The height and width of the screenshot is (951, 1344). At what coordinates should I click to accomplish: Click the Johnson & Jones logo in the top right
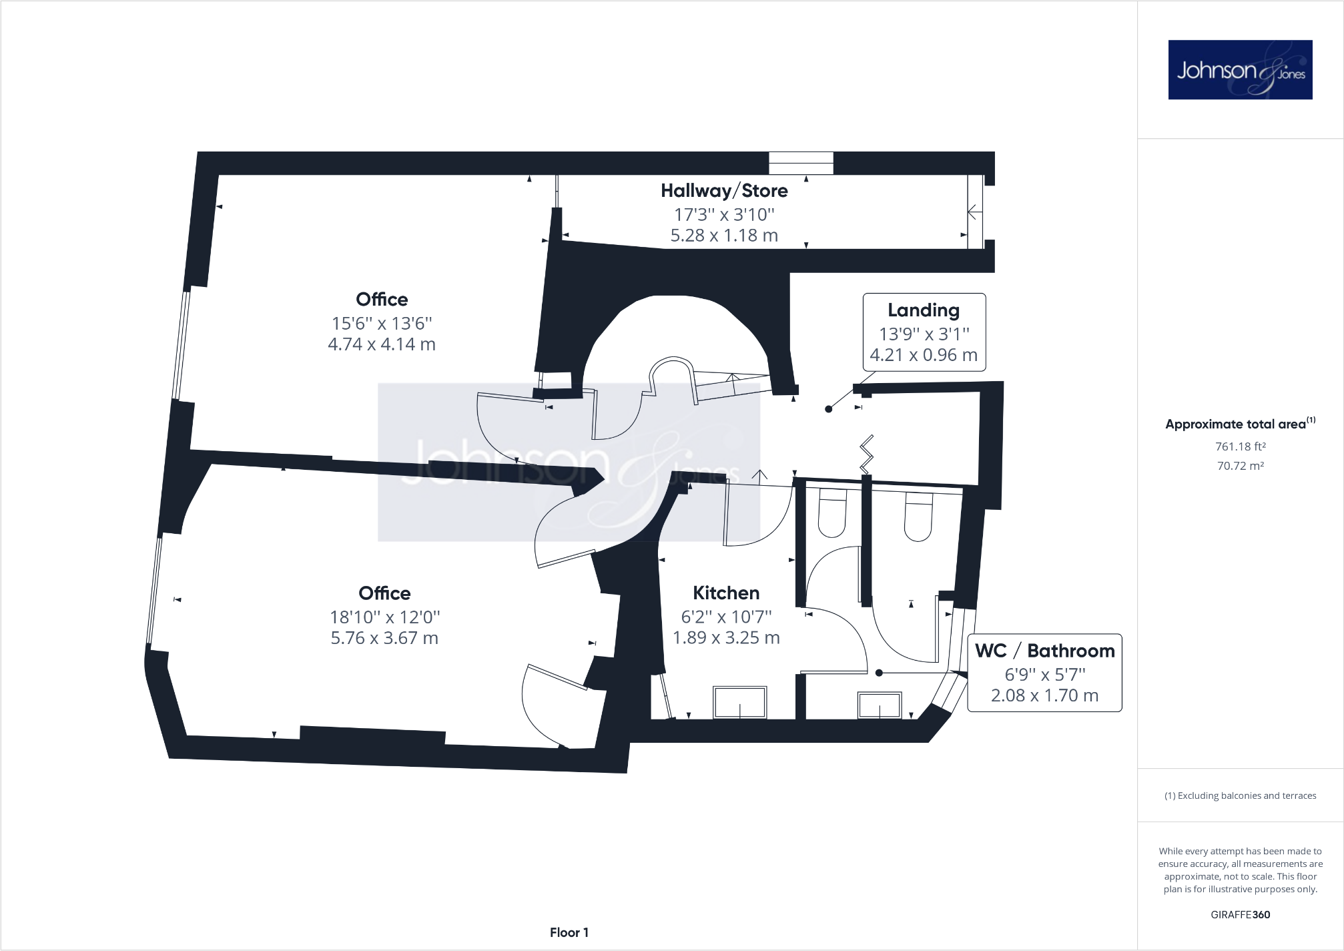tap(1240, 69)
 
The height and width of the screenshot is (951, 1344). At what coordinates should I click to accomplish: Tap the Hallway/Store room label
tap(724, 191)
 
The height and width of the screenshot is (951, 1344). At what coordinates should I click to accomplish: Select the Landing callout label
tap(924, 332)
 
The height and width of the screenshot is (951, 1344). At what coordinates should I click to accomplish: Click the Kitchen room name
tap(726, 593)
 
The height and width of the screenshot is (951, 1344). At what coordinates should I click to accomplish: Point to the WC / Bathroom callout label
tap(1044, 673)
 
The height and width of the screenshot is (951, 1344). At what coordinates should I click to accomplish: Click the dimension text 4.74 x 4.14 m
tap(382, 344)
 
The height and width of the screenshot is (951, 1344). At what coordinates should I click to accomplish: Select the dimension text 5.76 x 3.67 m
tap(384, 638)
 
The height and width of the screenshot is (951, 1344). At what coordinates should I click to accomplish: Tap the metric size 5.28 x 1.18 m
tap(724, 236)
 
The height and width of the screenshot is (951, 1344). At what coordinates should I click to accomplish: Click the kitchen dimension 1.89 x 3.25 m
tap(726, 638)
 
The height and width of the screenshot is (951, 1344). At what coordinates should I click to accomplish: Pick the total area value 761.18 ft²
tap(1240, 446)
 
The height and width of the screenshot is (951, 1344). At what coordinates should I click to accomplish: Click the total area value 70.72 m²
tap(1240, 466)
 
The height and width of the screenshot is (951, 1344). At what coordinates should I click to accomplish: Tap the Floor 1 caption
tap(569, 932)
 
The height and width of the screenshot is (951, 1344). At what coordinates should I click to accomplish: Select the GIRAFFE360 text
tap(1240, 915)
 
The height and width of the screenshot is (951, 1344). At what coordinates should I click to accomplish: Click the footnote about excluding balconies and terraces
tap(1240, 796)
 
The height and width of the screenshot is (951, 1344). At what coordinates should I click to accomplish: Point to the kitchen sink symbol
tap(740, 702)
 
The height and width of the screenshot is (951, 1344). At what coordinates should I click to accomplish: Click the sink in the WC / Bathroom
tap(880, 705)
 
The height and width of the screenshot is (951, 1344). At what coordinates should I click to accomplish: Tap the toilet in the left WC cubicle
tap(832, 513)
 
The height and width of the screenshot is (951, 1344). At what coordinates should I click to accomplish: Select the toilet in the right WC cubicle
tap(918, 517)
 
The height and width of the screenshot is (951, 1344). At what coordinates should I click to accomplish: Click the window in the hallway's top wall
tap(801, 163)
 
